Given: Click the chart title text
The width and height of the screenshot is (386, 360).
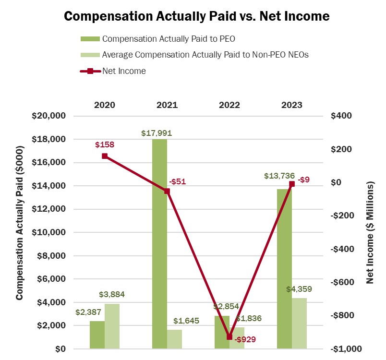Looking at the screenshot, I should (196, 16).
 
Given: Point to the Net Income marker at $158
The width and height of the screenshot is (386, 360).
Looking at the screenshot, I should (105, 156).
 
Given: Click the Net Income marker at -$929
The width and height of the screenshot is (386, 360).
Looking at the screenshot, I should (229, 337).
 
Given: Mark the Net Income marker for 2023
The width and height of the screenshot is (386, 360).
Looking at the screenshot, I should (292, 184).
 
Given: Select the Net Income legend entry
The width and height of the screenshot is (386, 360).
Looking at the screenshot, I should (124, 71).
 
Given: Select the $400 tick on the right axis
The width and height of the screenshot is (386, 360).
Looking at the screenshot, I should (341, 116).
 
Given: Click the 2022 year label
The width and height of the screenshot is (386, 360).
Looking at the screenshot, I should (229, 105).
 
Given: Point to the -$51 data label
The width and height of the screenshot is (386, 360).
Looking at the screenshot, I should (177, 181).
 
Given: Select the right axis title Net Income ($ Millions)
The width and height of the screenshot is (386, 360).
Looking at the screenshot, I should (371, 232).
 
